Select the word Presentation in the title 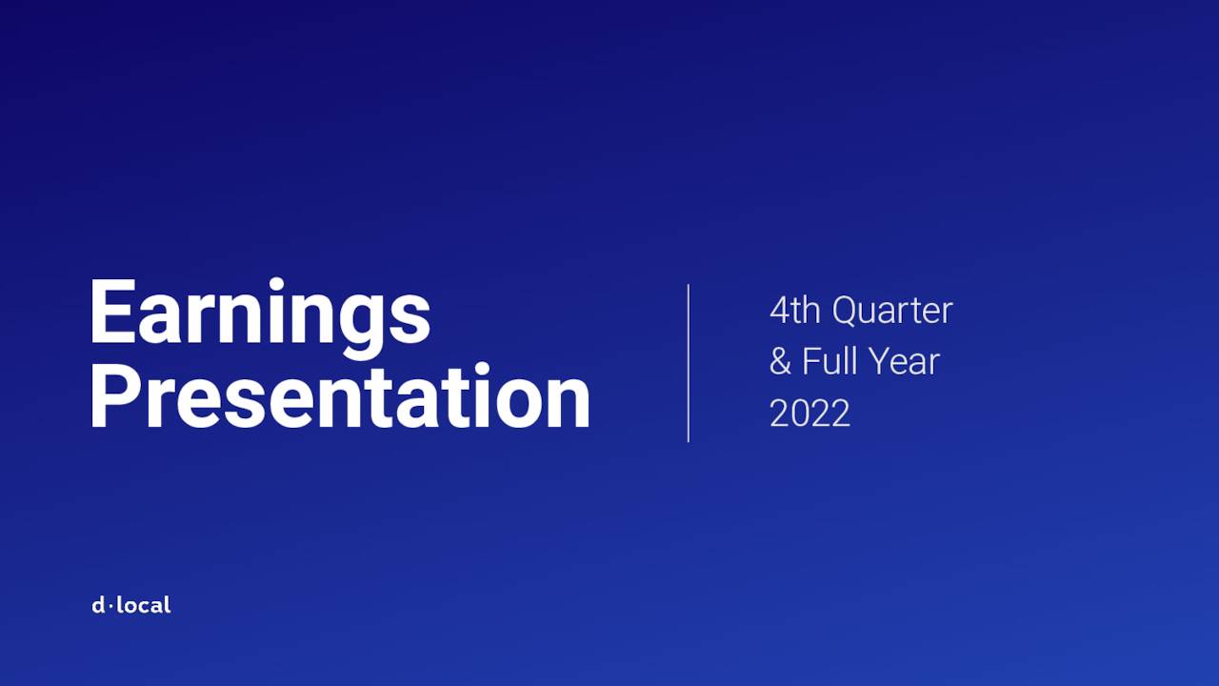point(339,397)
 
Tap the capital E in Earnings point(111,312)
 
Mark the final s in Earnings point(410,319)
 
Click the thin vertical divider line point(688,362)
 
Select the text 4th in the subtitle point(795,311)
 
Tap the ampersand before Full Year point(780,362)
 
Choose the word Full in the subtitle point(829,362)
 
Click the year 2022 point(809,414)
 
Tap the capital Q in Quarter point(846,311)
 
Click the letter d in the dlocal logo point(98,605)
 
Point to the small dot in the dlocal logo point(110,606)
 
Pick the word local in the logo point(144,605)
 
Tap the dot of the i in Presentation point(482,368)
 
